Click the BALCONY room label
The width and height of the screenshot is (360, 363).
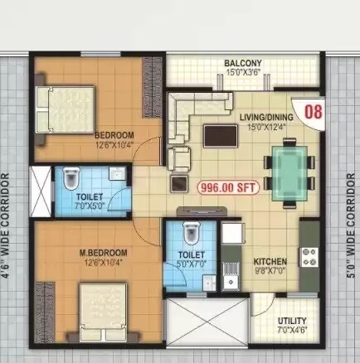(x=242, y=63)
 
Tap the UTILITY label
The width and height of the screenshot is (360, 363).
(x=292, y=321)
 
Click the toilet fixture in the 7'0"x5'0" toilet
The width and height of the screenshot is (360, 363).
(x=71, y=177)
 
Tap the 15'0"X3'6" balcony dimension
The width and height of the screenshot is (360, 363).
(x=242, y=73)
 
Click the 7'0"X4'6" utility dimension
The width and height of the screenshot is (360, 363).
(x=292, y=331)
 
